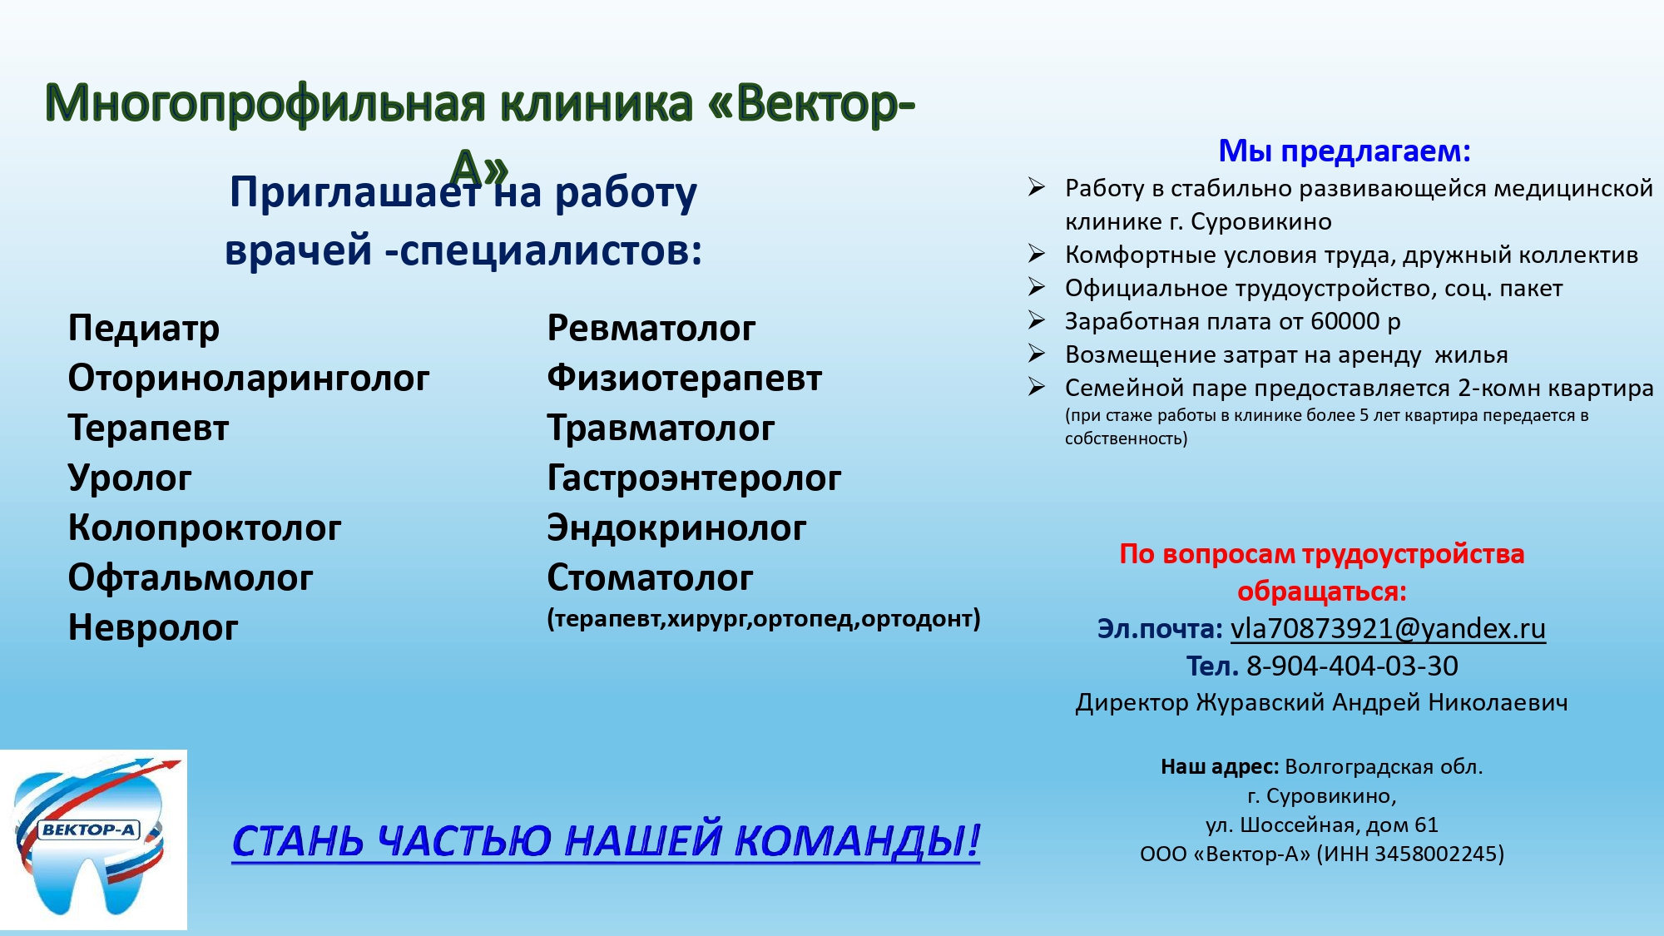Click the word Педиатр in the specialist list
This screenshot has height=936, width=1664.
click(x=143, y=329)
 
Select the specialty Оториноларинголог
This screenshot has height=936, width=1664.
click(x=248, y=379)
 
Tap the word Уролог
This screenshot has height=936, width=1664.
click(x=129, y=478)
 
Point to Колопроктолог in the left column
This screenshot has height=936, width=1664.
click(x=204, y=528)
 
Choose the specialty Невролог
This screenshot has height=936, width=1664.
click(x=152, y=628)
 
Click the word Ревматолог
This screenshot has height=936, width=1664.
click(x=651, y=329)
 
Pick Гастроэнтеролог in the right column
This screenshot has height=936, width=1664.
click(x=693, y=478)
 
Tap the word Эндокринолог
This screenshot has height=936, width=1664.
click(x=676, y=528)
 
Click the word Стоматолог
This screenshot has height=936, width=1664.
click(x=649, y=578)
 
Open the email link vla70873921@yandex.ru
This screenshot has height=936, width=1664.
click(x=1387, y=629)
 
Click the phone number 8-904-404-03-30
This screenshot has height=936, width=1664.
click(x=1351, y=666)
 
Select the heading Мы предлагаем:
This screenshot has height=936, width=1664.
click(x=1344, y=151)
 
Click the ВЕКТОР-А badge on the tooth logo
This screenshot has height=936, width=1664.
click(x=88, y=830)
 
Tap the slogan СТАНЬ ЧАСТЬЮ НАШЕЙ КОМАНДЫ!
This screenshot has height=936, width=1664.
click(x=605, y=840)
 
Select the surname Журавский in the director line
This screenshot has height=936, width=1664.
click(x=1260, y=703)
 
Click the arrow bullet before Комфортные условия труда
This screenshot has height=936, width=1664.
click(x=1036, y=253)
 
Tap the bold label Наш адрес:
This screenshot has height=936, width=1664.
click(x=1219, y=767)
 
